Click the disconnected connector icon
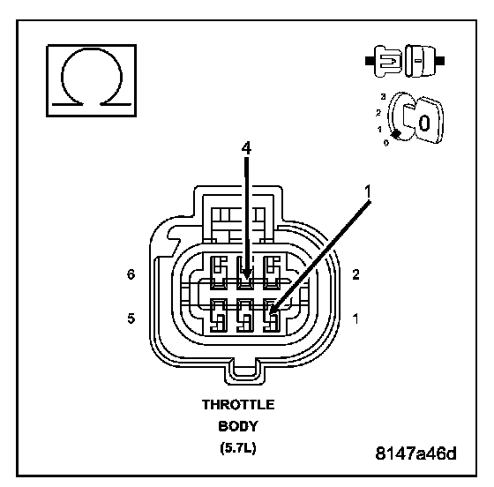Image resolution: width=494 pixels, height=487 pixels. click(x=405, y=61)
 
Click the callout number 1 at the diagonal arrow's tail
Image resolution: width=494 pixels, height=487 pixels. click(x=367, y=191)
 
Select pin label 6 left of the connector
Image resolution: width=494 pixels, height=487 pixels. click(x=131, y=274)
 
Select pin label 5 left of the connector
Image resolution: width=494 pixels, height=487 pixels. click(x=131, y=318)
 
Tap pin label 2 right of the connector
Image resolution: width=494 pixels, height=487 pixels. click(x=356, y=274)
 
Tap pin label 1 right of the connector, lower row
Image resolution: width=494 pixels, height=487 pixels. click(x=356, y=318)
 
